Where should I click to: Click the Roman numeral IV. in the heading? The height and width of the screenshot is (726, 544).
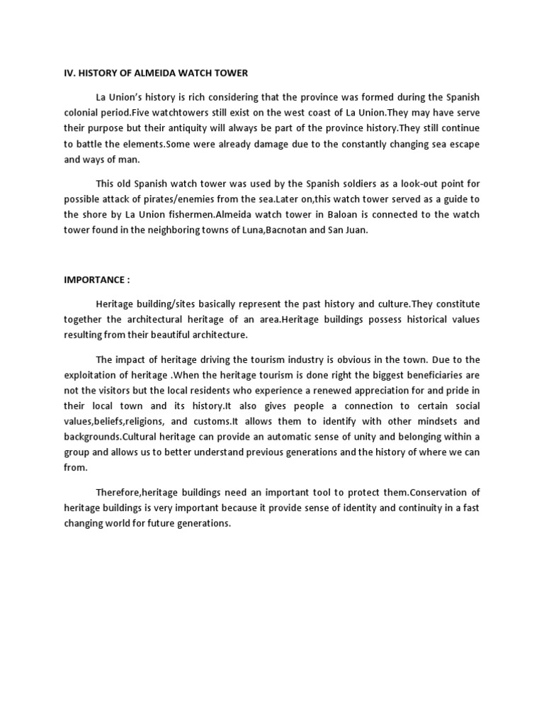coord(70,73)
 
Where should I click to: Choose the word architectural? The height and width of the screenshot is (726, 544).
coord(158,320)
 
